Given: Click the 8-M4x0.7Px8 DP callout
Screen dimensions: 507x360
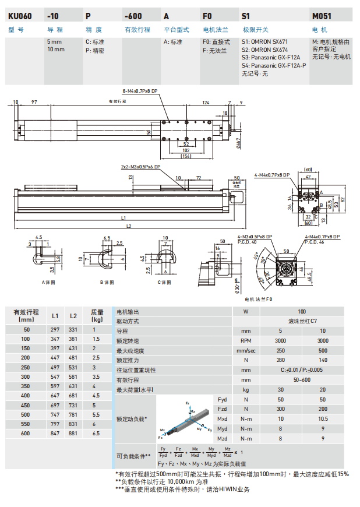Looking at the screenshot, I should (x=140, y=91).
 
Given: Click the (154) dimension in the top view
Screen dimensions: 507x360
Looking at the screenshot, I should (x=186, y=156).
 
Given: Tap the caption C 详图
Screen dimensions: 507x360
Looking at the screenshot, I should (x=166, y=282).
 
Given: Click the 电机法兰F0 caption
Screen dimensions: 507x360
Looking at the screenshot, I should (x=259, y=299).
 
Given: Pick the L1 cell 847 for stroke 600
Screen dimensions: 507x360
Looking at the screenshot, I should (x=55, y=434).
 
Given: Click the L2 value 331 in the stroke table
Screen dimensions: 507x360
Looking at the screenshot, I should (x=73, y=330).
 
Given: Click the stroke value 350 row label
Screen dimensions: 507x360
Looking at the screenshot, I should (x=26, y=386).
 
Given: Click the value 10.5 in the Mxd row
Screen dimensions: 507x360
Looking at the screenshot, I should (x=322, y=418).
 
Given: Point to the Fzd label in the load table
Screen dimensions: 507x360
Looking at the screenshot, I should (x=222, y=409).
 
